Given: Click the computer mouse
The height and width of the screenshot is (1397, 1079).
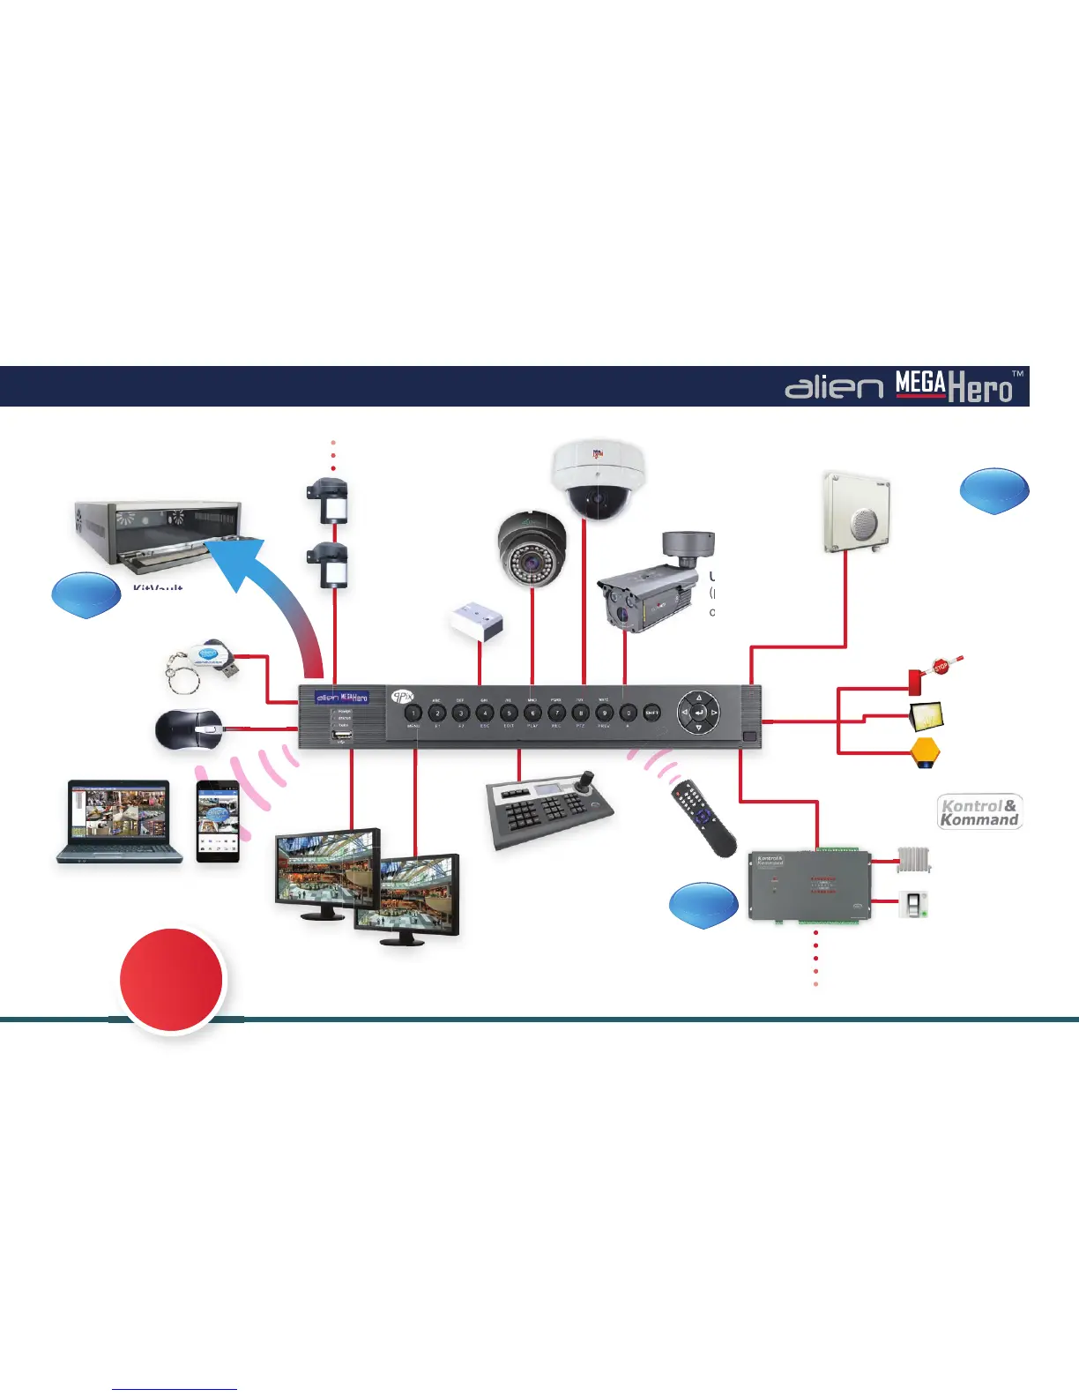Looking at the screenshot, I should (x=189, y=728).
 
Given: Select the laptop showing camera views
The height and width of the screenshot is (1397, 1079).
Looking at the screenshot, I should (x=120, y=820).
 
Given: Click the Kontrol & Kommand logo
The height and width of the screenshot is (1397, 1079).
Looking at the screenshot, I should (x=979, y=812).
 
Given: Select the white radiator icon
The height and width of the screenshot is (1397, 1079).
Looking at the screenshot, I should (x=913, y=860).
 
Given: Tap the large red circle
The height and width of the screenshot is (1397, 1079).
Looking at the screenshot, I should (x=173, y=979).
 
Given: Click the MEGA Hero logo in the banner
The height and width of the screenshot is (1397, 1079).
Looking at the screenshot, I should (x=953, y=387).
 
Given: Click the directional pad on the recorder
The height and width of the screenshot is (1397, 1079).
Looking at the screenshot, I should (x=699, y=712).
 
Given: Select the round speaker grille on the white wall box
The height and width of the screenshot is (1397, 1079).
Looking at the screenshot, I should (x=866, y=523).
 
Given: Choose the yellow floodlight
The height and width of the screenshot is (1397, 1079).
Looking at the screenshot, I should (x=927, y=714).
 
